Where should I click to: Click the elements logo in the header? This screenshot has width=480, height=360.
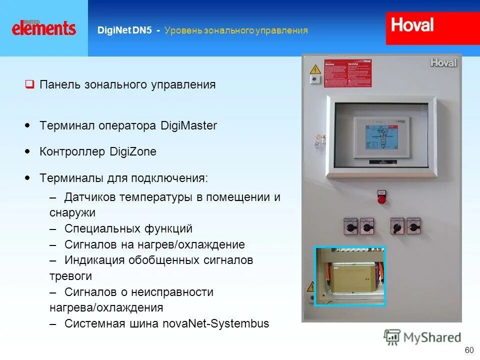[x=44, y=27]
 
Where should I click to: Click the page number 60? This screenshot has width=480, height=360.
[x=469, y=350]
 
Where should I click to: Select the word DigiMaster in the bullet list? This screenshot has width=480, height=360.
[x=189, y=125]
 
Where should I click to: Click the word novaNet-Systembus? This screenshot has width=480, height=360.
[x=216, y=323]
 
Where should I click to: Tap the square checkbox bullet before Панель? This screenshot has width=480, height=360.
[x=29, y=84]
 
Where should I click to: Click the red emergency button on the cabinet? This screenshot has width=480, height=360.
[x=381, y=198]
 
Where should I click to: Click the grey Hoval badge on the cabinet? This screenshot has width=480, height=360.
[x=443, y=62]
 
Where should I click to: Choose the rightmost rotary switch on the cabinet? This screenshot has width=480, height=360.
[x=413, y=226]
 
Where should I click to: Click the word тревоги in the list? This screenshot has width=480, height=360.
[x=70, y=276]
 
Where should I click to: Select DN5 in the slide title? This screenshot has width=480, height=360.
[x=142, y=30]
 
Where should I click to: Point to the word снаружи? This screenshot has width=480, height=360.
[x=72, y=212]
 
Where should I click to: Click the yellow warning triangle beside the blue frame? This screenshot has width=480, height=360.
[x=309, y=287]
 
